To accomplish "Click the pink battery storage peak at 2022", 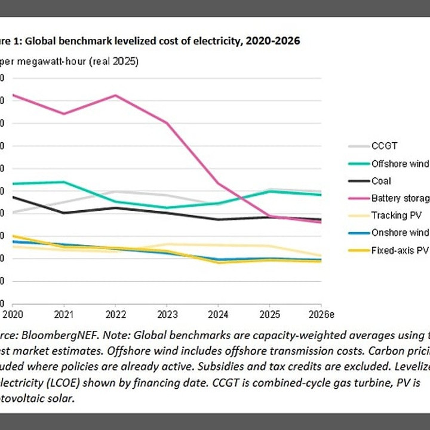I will tap(115, 95).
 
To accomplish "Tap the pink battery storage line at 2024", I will tap(218, 183).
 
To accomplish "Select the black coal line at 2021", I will tap(64, 213).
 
